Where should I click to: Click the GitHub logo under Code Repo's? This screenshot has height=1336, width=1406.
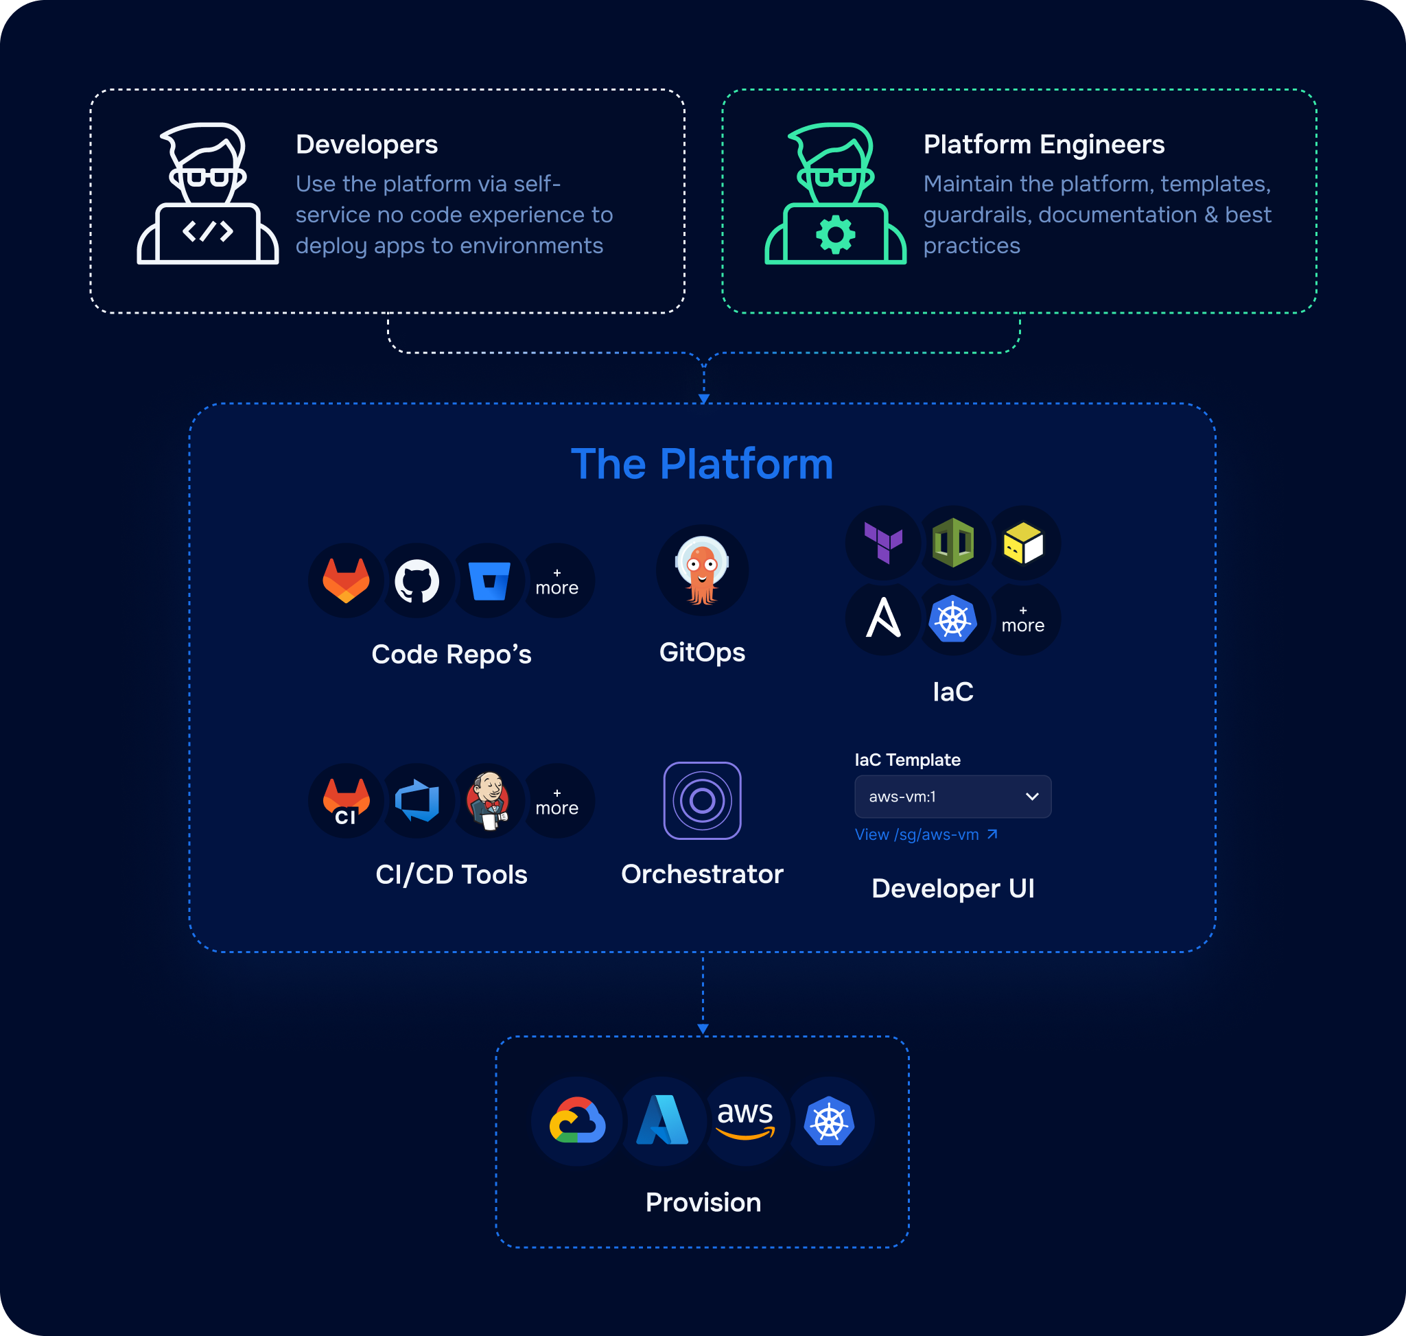tap(417, 581)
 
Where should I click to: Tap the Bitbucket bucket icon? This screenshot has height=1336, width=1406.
tap(489, 581)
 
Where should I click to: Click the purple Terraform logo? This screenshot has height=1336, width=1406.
tap(883, 543)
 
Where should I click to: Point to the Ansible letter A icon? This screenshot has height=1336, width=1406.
tap(883, 618)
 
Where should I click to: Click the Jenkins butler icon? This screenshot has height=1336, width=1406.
tap(489, 801)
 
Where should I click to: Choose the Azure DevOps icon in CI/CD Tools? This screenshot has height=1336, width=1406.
tap(417, 801)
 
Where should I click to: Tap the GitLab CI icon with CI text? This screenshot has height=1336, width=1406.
tap(346, 801)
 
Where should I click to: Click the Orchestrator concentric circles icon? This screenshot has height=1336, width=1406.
tap(702, 801)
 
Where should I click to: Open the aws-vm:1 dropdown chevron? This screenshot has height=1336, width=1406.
tap(1032, 796)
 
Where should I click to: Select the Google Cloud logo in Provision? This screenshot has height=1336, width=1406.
tap(578, 1121)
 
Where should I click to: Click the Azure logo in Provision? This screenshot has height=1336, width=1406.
tap(662, 1121)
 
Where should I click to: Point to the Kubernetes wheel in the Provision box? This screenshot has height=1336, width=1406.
tap(829, 1121)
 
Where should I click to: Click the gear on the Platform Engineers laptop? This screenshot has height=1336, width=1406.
tap(836, 234)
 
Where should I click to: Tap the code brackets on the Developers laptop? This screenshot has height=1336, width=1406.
tap(208, 231)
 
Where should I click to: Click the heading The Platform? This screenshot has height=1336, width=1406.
tap(702, 465)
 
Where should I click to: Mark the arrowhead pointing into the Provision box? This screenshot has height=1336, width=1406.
tap(703, 1029)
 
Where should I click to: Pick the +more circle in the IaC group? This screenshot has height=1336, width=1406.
tap(1023, 620)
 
